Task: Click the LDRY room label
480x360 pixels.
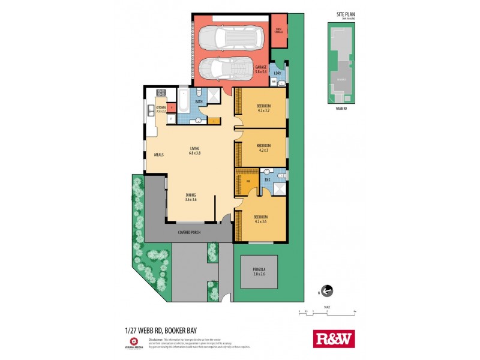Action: [277, 74]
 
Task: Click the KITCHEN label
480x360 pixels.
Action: [160, 108]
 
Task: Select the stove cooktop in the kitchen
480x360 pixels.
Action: [161, 93]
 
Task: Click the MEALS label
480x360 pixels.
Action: [159, 154]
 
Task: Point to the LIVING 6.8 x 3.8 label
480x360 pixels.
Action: [195, 150]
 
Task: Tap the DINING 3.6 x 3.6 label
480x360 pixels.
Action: [191, 196]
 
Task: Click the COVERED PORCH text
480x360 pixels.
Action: [189, 232]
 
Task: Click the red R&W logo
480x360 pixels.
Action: [334, 338]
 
